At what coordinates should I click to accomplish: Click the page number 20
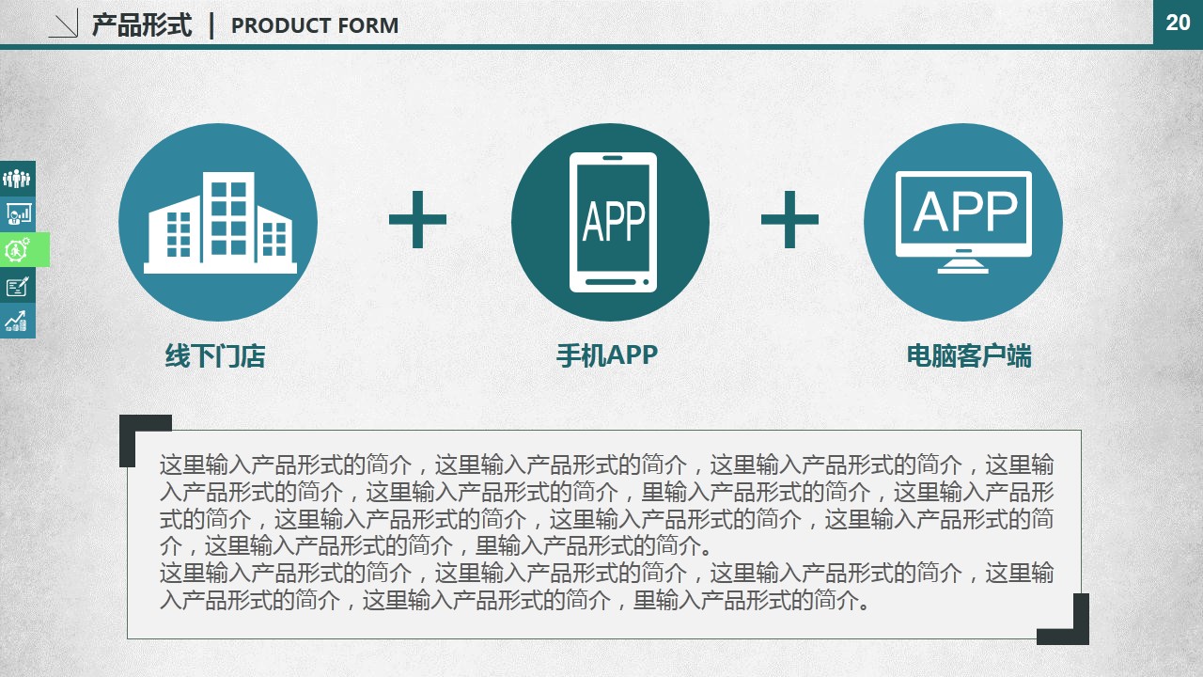[1178, 23]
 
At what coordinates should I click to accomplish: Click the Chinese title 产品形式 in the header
[142, 25]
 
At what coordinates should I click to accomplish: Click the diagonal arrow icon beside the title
[63, 24]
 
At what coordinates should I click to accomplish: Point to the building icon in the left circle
[220, 223]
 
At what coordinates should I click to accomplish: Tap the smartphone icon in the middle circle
[613, 223]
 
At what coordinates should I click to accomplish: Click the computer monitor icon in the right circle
[963, 222]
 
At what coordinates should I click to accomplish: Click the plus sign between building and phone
[417, 219]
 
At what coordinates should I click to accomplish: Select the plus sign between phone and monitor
[789, 219]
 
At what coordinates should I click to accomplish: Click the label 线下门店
[215, 355]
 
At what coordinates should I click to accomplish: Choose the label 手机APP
[607, 355]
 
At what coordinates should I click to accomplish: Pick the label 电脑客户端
[969, 355]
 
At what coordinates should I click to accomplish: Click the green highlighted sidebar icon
[24, 249]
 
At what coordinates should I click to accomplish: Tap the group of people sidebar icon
[18, 179]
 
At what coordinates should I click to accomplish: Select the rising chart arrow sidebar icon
[18, 321]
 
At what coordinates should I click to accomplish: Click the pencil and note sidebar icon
[18, 285]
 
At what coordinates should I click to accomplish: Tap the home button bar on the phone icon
[610, 281]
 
